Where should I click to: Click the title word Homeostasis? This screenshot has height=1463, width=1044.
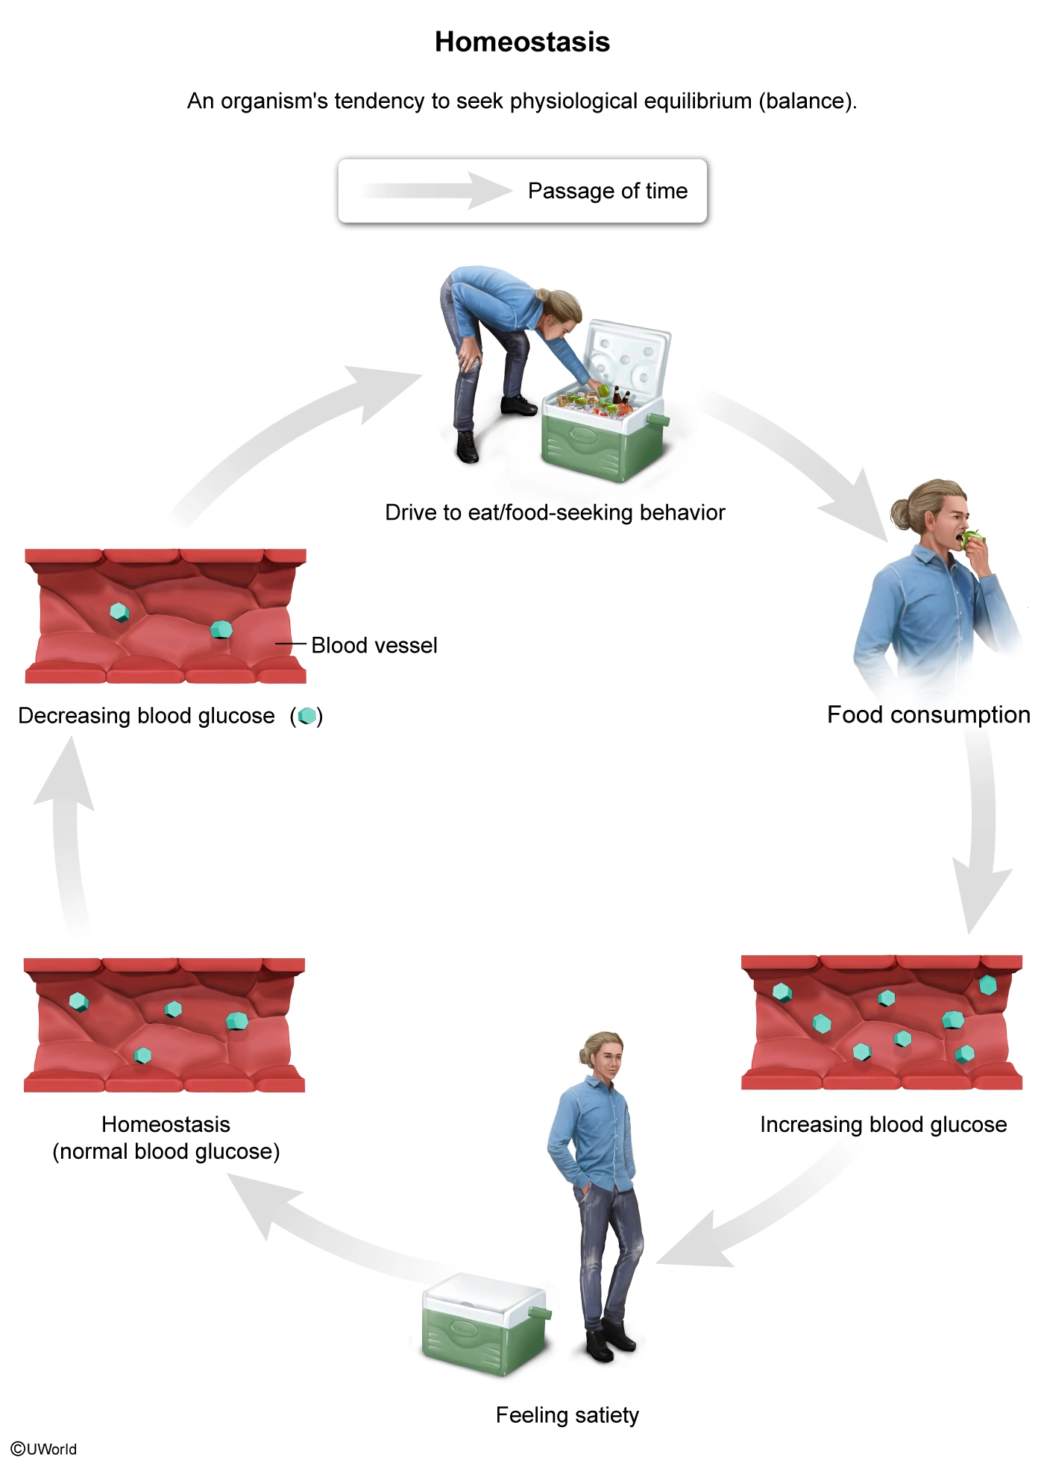pos(522,42)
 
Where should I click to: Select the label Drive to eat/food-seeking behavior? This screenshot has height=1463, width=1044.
pos(555,512)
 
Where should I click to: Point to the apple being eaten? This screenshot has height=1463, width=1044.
pos(971,539)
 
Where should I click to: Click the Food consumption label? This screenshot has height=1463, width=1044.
pos(928,714)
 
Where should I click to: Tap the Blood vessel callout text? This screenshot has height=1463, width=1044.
pos(374,645)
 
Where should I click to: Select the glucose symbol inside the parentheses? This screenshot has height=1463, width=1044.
pos(306,717)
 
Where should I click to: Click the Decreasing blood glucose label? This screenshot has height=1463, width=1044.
pos(146,716)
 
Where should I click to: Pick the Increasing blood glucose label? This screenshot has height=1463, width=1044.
pos(883,1124)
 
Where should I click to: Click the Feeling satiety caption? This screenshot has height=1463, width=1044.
pos(567,1415)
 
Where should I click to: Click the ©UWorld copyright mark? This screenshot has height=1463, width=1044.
pos(44,1448)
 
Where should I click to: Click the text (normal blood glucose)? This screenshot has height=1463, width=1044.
pos(166,1151)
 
